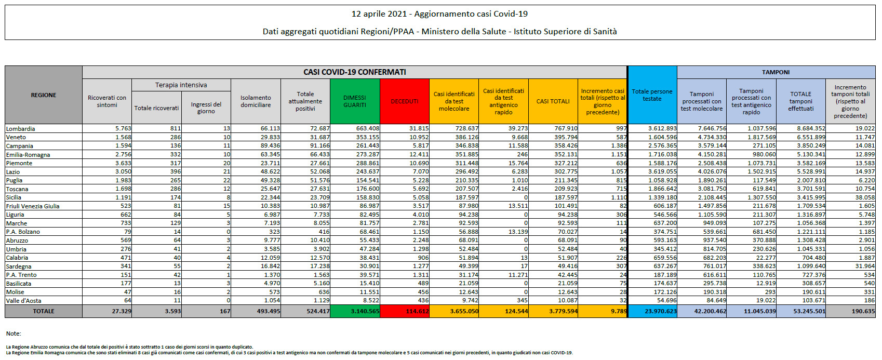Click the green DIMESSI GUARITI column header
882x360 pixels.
(x=355, y=101)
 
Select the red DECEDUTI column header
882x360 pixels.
(x=405, y=101)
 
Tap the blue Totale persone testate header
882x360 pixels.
(x=652, y=95)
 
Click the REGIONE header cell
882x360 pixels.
(x=44, y=95)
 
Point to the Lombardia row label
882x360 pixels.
(x=21, y=129)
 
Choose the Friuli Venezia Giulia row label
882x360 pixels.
(x=33, y=206)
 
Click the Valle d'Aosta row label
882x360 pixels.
(x=23, y=301)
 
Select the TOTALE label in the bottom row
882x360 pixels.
(x=44, y=311)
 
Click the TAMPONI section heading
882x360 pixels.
(x=776, y=72)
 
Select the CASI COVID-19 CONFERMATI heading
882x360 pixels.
(x=355, y=72)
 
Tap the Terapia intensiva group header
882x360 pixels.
(x=181, y=85)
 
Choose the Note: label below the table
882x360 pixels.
(x=14, y=334)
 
